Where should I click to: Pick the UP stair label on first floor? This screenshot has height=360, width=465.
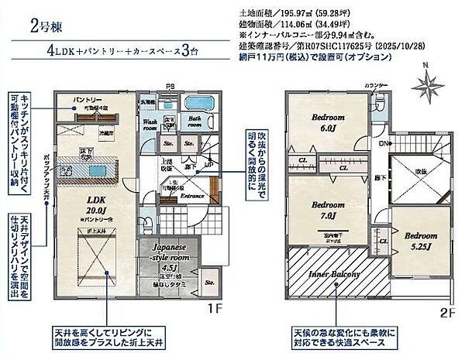click(x=204, y=165)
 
